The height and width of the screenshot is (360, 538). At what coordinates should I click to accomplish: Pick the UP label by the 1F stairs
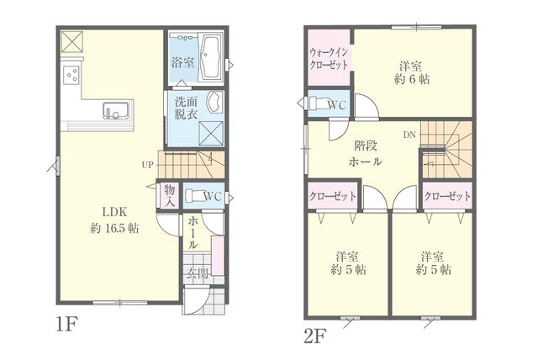[x=148, y=164]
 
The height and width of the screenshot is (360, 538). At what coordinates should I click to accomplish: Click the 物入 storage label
[x=169, y=195]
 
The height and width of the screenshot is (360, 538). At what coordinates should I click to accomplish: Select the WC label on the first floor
[x=211, y=196]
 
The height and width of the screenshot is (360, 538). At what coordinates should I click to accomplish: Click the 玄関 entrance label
[x=197, y=273]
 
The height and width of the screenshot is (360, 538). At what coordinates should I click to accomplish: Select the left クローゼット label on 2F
[x=331, y=196]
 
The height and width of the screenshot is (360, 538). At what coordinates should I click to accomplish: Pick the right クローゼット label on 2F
[x=446, y=196]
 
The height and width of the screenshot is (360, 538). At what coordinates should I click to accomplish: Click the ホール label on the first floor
[x=193, y=232]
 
